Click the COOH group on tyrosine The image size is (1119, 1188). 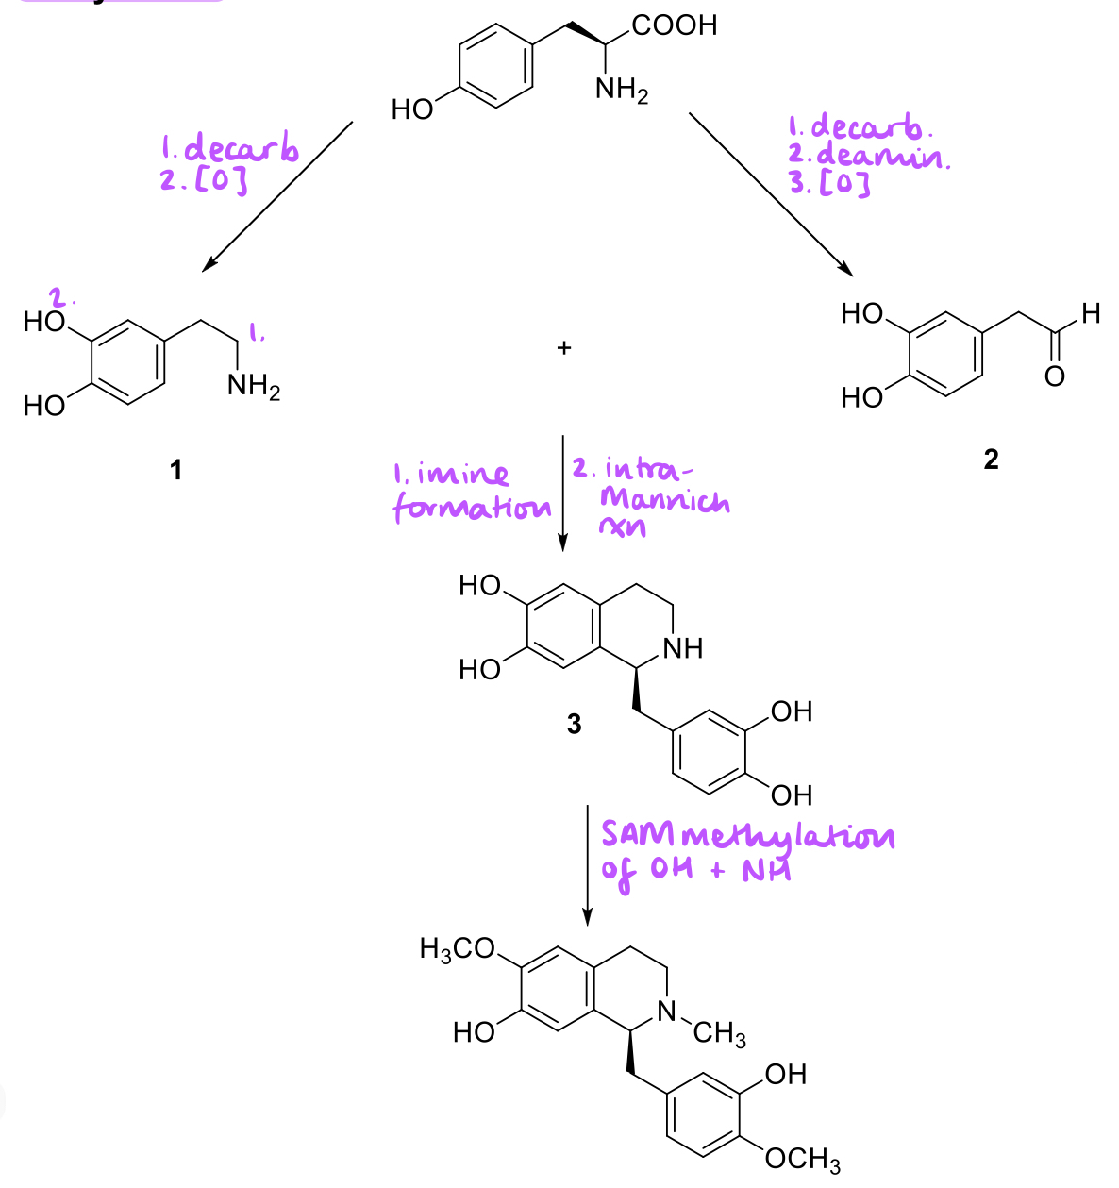click(675, 25)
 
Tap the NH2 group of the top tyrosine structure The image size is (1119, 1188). click(621, 92)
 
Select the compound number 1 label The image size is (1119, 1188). click(175, 469)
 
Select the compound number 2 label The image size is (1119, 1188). click(990, 460)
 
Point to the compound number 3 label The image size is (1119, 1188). click(574, 725)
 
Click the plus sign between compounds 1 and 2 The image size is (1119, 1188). click(564, 348)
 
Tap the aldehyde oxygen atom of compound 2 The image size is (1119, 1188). click(1055, 376)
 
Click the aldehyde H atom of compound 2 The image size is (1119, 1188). click(1092, 313)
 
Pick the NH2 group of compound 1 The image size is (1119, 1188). click(254, 387)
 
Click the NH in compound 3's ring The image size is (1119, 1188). click(683, 648)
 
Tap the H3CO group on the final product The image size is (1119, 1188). click(457, 949)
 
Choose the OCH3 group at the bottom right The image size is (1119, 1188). click(802, 1159)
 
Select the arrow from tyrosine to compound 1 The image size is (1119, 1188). click(277, 195)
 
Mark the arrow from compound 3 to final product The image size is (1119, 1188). click(587, 863)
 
